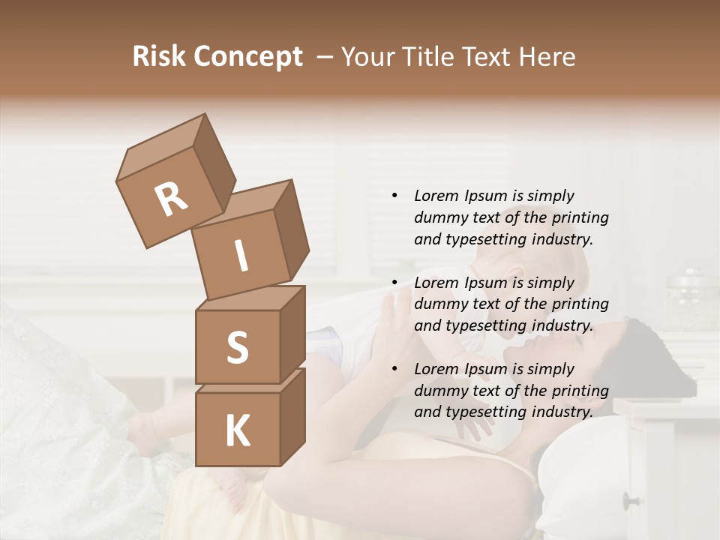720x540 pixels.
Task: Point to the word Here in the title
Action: [548, 57]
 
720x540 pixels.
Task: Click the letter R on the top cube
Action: [171, 199]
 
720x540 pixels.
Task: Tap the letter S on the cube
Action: [237, 347]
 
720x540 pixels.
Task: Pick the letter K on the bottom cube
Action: [237, 431]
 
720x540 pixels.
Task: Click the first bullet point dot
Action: [394, 196]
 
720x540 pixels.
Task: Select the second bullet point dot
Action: [394, 283]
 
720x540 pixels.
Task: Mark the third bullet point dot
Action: [394, 369]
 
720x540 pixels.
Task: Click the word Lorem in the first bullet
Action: [436, 196]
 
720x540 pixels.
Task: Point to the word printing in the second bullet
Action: [580, 304]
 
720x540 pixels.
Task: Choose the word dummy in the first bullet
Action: [439, 217]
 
